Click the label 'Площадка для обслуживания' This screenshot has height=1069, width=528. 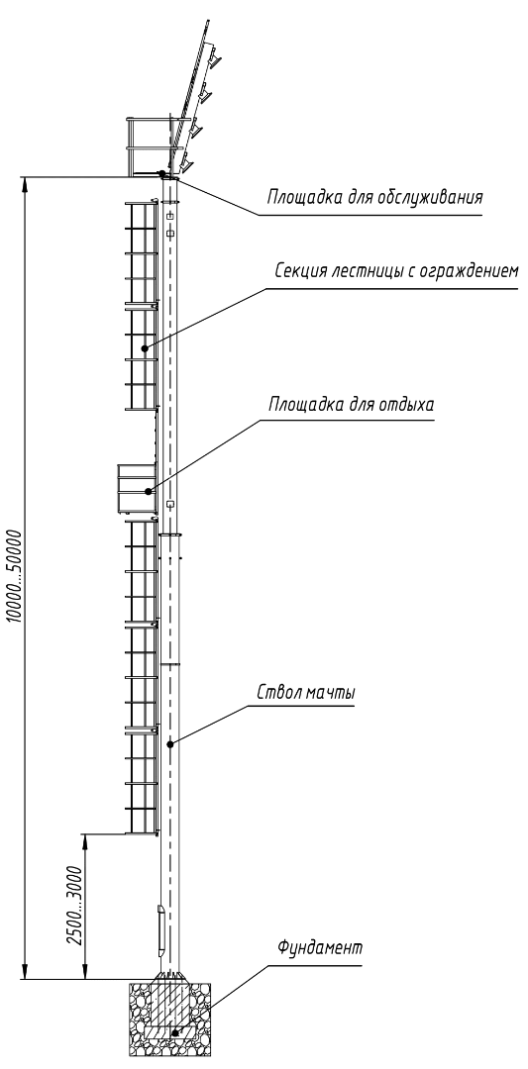[374, 198]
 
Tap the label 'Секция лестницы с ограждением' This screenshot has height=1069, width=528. [396, 271]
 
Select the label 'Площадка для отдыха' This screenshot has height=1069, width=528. [351, 405]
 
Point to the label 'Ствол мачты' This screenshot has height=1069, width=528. [306, 692]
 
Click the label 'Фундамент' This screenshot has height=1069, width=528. [319, 947]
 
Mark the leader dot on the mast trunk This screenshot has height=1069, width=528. [170, 744]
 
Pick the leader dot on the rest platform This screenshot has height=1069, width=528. [147, 490]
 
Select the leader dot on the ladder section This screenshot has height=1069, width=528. [145, 348]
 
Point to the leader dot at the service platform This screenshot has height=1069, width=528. [161, 173]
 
